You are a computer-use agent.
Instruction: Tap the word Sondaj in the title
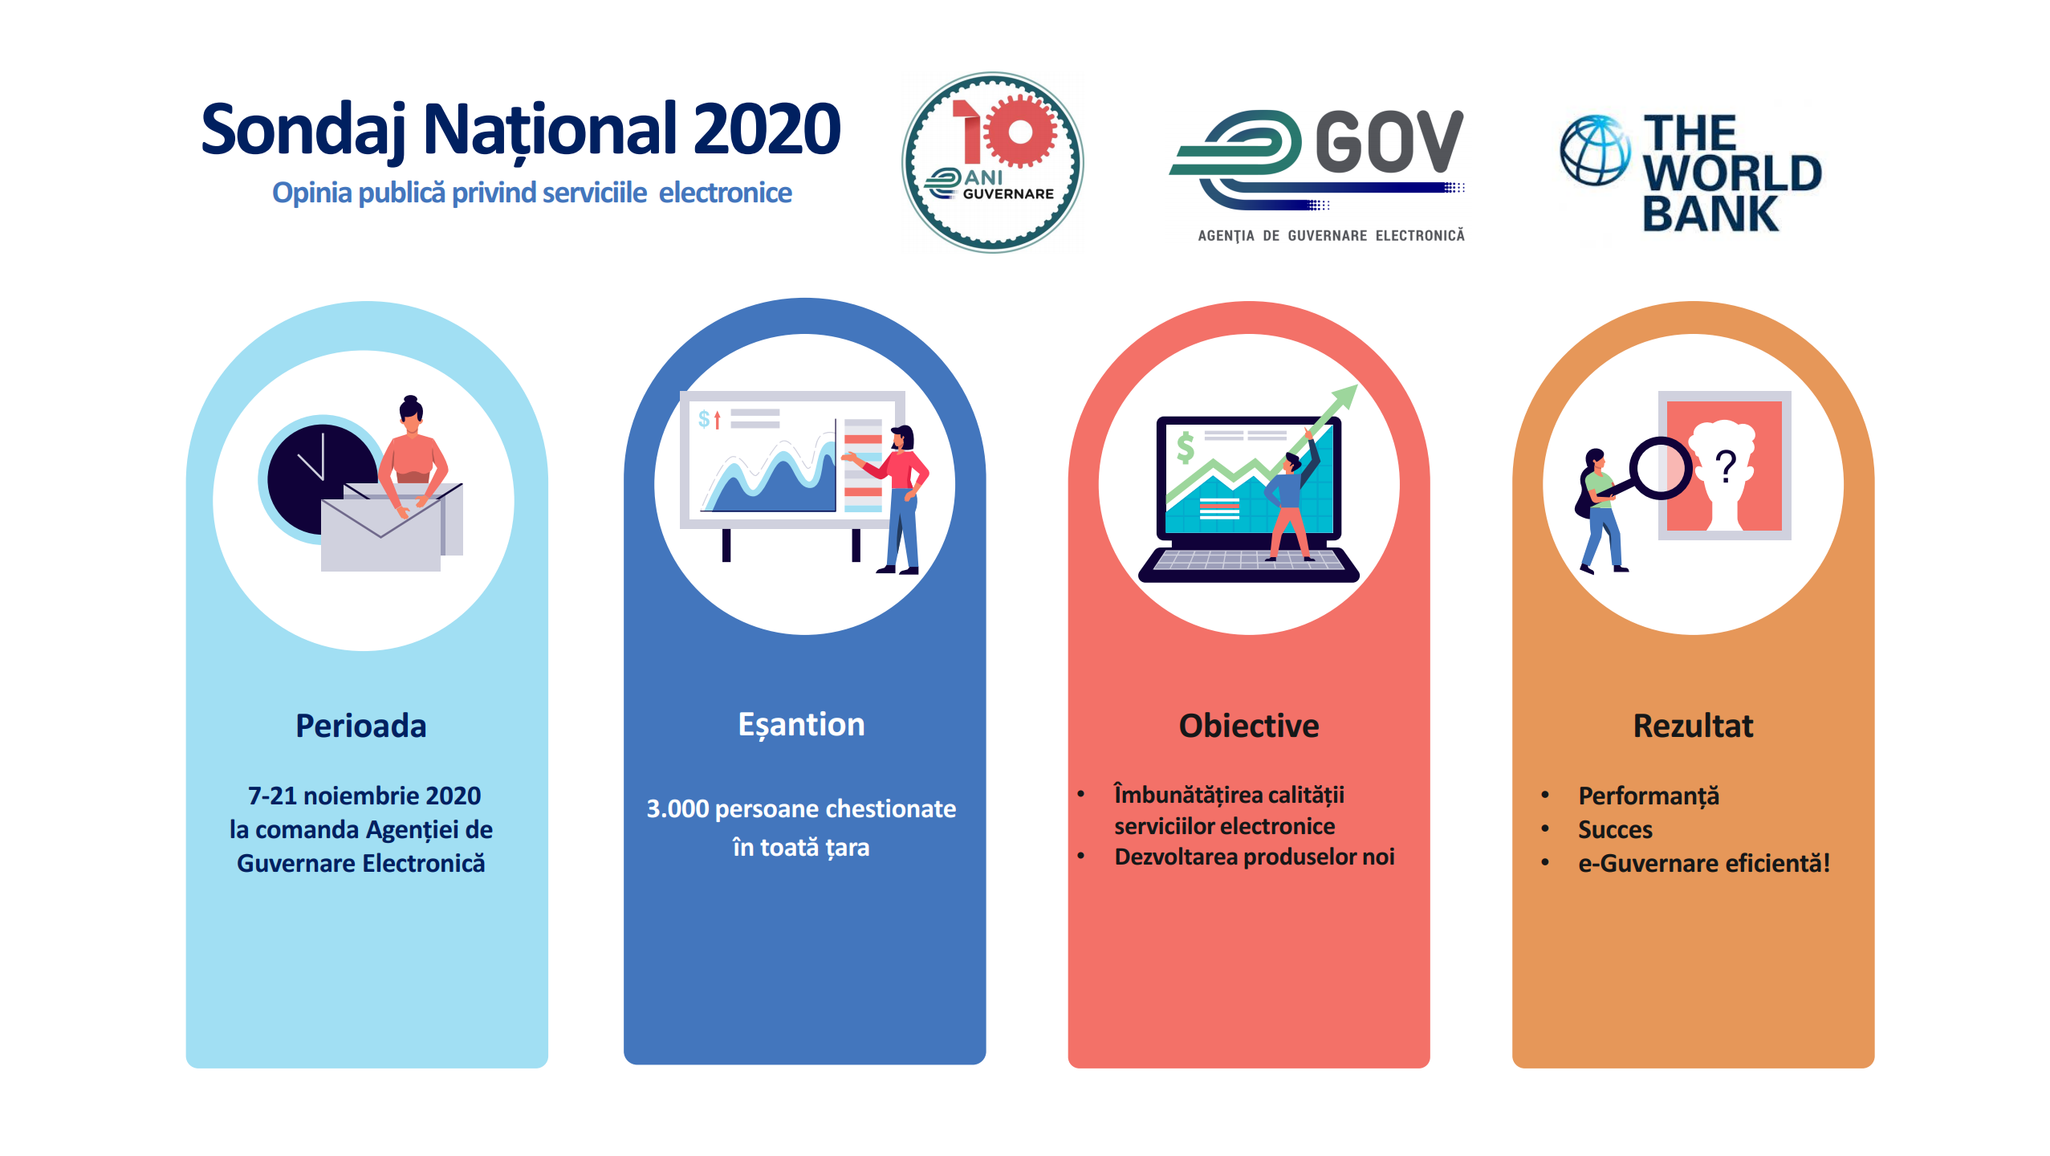pos(303,131)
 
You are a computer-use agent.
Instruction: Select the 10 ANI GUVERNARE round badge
pos(992,163)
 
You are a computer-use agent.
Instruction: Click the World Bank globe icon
pos(1595,150)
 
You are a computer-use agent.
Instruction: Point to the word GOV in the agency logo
pos(1389,141)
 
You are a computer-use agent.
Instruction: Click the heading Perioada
pos(361,726)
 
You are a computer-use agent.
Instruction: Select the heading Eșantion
pos(801,726)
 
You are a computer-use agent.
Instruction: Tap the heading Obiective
pos(1249,726)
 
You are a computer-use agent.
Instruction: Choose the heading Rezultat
pos(1693,726)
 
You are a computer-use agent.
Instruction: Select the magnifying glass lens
pos(1660,468)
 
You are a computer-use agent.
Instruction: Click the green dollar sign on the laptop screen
pos(1185,447)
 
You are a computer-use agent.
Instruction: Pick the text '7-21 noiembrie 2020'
pos(364,796)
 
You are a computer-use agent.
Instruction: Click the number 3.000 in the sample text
pos(678,808)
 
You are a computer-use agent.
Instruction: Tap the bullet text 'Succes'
pos(1615,829)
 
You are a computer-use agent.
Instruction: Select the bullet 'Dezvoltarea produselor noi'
pos(1255,857)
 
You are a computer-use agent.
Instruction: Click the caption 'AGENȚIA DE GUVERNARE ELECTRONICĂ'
pos(1331,235)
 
